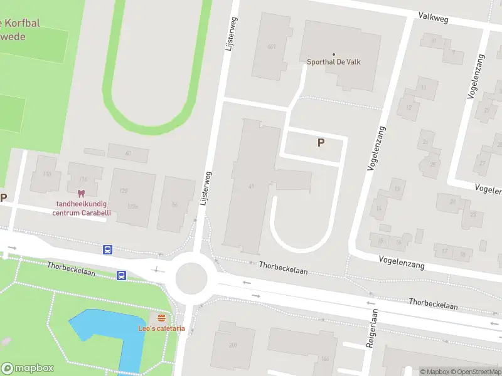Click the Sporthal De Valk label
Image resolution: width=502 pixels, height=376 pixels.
coord(334,62)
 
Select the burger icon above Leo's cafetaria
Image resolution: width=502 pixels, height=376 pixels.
coord(162,318)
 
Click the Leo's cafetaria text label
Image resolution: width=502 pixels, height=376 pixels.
coord(162,328)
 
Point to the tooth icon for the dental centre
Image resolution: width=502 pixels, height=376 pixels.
coord(80,193)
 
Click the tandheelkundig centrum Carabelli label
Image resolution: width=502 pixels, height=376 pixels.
coord(82,207)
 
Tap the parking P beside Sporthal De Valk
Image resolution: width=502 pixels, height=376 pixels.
coord(321,143)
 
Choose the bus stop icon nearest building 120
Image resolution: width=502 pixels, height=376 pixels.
coord(108,249)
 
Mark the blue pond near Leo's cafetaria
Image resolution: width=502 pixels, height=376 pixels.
coord(113,332)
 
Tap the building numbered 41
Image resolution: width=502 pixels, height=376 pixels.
coord(251,186)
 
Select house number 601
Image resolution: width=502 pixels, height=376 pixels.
coord(271,47)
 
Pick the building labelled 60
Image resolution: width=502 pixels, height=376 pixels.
coord(128,153)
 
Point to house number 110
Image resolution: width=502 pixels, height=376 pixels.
coord(46,174)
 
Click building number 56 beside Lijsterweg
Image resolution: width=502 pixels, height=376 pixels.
coord(174,204)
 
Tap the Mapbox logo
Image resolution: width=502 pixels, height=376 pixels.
coord(28,368)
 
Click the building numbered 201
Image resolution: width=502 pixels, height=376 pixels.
coord(233,345)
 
